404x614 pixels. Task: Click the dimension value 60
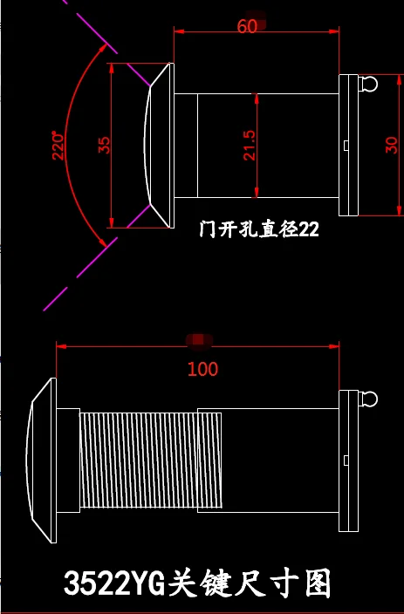tap(247, 27)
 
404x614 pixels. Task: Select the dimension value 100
tap(202, 369)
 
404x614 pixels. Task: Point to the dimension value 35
tap(105, 145)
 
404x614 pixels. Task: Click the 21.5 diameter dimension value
tap(250, 146)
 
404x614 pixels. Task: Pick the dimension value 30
tap(391, 145)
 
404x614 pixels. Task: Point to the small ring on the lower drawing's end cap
tap(370, 399)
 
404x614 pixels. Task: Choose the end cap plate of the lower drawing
tap(348, 460)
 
